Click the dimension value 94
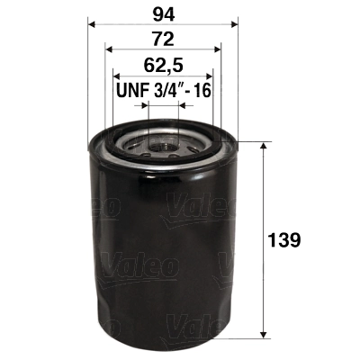162,13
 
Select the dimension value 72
162,40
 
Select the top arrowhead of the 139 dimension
262,146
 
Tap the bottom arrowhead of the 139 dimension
262,335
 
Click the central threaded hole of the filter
163,141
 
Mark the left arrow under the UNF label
144,106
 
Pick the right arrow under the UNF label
182,106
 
